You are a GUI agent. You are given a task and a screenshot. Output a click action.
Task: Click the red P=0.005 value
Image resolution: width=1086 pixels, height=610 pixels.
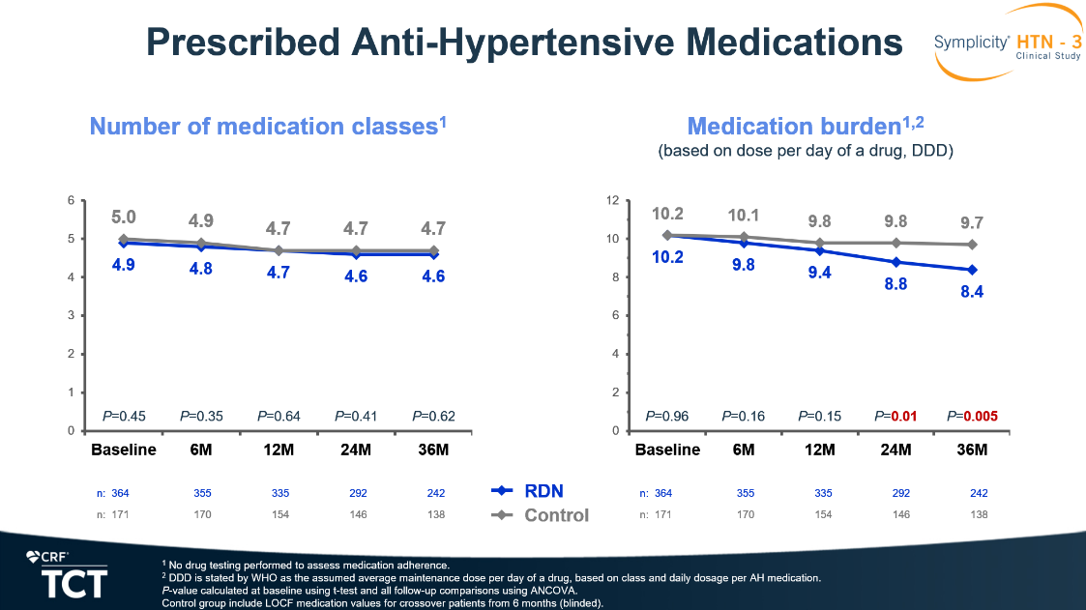pyautogui.click(x=972, y=417)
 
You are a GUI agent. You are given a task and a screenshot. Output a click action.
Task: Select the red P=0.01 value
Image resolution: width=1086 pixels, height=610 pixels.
pyautogui.click(x=895, y=417)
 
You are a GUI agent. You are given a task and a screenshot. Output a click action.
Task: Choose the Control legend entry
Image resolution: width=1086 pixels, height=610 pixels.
pyautogui.click(x=541, y=515)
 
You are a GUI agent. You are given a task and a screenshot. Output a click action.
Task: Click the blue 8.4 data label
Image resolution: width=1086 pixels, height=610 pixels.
pyautogui.click(x=972, y=292)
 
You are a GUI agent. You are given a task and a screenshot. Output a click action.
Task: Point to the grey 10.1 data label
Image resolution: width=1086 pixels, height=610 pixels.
pyautogui.click(x=744, y=215)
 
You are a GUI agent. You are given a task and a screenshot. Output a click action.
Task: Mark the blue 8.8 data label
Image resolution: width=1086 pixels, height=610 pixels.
pyautogui.click(x=895, y=284)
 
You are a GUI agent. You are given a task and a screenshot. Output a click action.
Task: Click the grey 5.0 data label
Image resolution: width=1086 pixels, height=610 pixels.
pyautogui.click(x=124, y=218)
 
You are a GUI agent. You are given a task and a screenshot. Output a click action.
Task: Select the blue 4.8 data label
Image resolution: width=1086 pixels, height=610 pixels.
pyautogui.click(x=201, y=270)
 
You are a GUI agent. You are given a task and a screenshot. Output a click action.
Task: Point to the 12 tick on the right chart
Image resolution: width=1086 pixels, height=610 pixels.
pyautogui.click(x=611, y=200)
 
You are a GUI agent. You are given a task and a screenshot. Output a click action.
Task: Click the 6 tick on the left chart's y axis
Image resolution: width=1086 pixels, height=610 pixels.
pyautogui.click(x=70, y=200)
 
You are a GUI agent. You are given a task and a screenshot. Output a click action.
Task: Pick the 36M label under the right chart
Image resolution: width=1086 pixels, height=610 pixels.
pyautogui.click(x=972, y=450)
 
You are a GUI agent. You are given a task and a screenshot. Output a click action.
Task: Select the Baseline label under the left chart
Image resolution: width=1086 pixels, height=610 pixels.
pyautogui.click(x=124, y=450)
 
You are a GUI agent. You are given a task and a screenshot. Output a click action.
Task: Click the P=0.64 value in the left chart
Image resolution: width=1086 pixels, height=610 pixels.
pyautogui.click(x=279, y=417)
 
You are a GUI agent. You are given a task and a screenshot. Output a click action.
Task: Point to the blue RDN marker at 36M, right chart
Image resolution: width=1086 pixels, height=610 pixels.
pyautogui.click(x=972, y=270)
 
